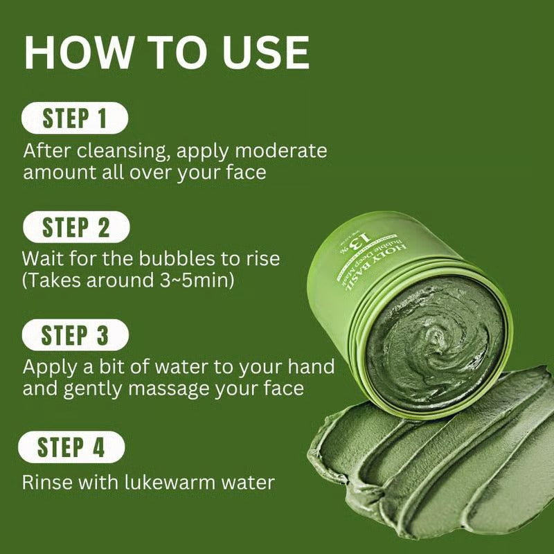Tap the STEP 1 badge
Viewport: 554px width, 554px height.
tap(75, 118)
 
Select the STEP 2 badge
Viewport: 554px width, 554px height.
tap(75, 227)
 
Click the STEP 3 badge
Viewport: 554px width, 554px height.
tap(75, 336)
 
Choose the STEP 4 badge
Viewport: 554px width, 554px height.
tap(71, 447)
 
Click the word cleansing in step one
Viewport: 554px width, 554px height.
tap(105, 151)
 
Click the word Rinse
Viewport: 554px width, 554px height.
tap(46, 483)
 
